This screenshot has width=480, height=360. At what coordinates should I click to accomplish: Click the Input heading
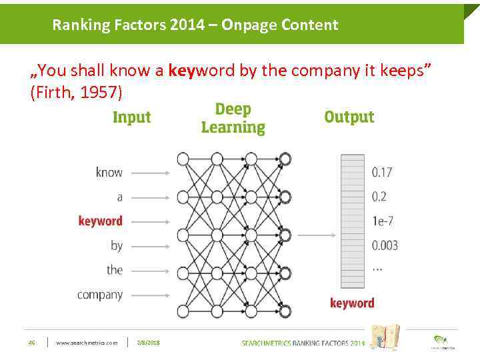tap(131, 118)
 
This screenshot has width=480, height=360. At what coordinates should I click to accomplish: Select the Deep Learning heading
tap(233, 118)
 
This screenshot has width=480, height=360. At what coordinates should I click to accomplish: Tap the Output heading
tap(349, 117)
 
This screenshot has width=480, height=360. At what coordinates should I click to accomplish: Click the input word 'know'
tap(109, 172)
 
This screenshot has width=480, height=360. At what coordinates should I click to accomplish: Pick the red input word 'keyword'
tap(100, 221)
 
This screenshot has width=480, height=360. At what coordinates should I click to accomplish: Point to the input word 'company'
tap(99, 294)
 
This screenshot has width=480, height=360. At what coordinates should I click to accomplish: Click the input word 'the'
tap(114, 270)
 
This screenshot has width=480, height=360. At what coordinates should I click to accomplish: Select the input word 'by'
tap(116, 245)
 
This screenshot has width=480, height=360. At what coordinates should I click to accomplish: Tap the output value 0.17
tap(382, 172)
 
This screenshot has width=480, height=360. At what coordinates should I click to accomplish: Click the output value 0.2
tap(379, 197)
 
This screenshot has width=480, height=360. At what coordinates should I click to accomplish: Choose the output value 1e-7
tap(381, 221)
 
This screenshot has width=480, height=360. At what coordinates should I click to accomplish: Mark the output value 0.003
tap(385, 245)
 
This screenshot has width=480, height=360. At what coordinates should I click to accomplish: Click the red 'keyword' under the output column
tap(352, 303)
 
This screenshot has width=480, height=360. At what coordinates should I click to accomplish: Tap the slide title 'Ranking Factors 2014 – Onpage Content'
tap(195, 25)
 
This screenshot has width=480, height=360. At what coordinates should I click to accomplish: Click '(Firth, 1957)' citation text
tap(77, 93)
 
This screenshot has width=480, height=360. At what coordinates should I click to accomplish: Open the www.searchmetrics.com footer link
tap(87, 343)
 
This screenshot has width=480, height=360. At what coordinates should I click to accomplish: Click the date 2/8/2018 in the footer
tap(148, 343)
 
